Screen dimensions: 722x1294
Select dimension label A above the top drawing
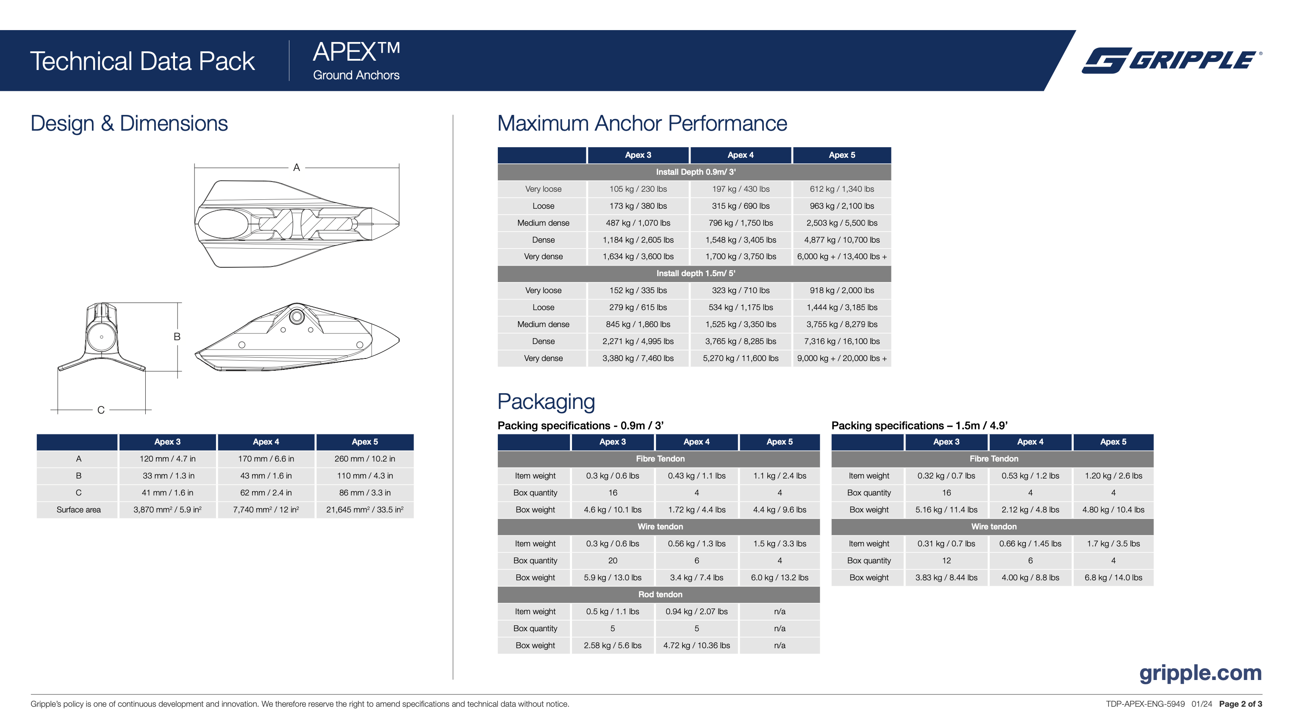click(296, 168)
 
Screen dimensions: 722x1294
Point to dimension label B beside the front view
click(177, 337)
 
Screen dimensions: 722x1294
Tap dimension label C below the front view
click(101, 410)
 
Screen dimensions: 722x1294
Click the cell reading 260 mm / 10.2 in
click(365, 459)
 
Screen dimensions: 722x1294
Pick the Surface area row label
click(78, 510)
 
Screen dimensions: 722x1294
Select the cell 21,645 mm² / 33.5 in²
click(365, 510)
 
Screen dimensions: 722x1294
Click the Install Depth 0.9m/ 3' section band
click(695, 172)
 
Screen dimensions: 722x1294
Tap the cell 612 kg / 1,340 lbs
click(841, 189)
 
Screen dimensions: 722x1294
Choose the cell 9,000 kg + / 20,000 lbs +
click(841, 358)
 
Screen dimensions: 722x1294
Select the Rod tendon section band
click(660, 595)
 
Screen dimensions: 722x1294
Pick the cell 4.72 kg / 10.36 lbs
click(696, 646)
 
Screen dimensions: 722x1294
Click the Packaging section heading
click(546, 402)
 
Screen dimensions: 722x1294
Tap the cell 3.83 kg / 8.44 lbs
click(946, 578)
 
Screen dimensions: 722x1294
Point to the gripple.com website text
click(1200, 673)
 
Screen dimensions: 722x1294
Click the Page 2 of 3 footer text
click(1240, 704)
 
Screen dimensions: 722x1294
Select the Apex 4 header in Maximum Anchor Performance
click(741, 155)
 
